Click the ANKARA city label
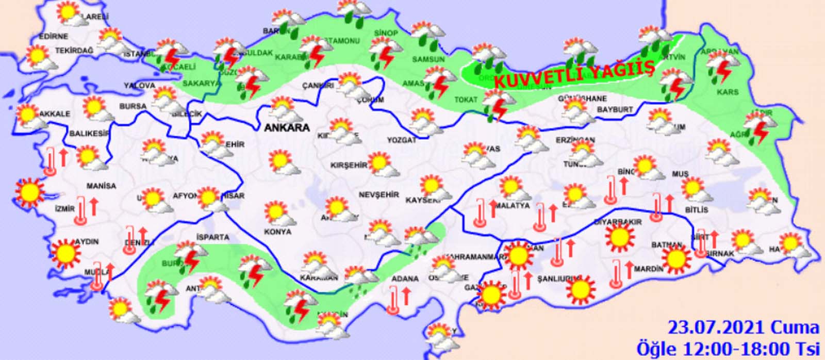coord(287,127)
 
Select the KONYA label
coord(277,232)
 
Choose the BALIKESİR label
coord(90,134)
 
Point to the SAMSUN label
coord(428,59)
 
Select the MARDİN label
coord(648,269)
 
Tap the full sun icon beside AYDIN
coord(65,253)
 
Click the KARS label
coord(727,92)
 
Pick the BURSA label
coord(133,106)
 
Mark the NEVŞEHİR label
coord(379,194)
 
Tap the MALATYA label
coord(513,205)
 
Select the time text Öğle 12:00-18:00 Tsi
coord(727,349)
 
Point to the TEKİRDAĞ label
coord(74,51)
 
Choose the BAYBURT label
coord(615,110)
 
